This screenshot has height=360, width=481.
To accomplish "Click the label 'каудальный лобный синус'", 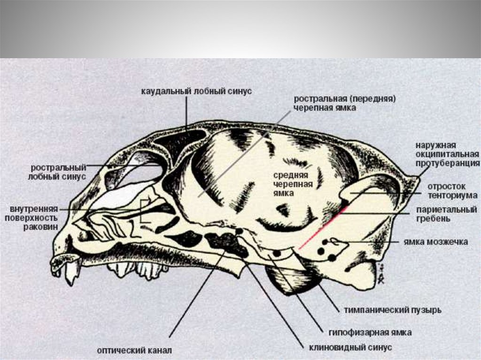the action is (196, 91).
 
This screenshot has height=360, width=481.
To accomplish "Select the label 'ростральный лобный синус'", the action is (59, 172).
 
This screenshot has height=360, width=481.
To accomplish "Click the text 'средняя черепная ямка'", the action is (293, 184).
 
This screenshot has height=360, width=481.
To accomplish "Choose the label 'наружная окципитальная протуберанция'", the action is (447, 154).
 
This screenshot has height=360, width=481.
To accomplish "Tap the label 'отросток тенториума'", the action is (452, 190).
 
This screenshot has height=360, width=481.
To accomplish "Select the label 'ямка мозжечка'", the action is (436, 242).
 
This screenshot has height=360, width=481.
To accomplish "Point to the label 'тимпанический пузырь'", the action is (393, 310).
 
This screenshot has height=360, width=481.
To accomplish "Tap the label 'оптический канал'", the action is (135, 350).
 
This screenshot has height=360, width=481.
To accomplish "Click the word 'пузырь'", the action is (426, 310).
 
